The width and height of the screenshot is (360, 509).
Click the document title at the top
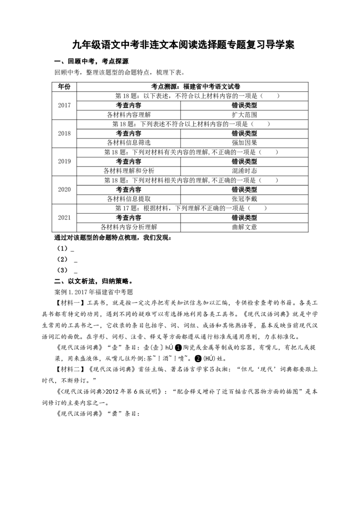point(183,45)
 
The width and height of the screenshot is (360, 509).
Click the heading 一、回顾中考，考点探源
point(91,61)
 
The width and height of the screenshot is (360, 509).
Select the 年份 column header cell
point(64,87)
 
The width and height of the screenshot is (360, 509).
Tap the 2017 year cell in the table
point(64,106)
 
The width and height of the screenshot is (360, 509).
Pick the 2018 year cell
point(64,134)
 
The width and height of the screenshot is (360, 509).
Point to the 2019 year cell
point(64,162)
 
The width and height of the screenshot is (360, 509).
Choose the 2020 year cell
point(64,190)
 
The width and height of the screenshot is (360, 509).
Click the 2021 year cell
point(64,218)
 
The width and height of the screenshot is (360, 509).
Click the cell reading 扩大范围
point(244,115)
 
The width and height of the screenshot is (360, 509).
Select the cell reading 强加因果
point(244,143)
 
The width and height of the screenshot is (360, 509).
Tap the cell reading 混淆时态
point(244,171)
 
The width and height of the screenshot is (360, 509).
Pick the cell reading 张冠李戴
point(244,199)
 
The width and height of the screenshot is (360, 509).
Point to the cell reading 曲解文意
point(244,227)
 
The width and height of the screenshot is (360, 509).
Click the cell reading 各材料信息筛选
point(129,143)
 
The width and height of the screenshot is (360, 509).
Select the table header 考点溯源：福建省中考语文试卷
point(196,87)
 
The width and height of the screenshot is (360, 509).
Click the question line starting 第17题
point(191,208)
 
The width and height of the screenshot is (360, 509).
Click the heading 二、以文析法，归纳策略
point(93,281)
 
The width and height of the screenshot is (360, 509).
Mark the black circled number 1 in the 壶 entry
point(178,348)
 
